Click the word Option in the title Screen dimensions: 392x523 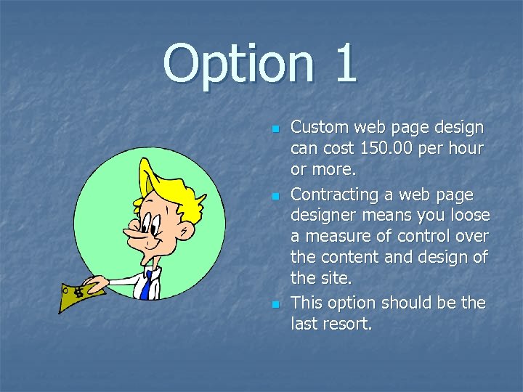(x=238, y=64)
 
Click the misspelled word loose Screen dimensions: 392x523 (x=470, y=215)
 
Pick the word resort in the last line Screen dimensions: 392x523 (x=345, y=324)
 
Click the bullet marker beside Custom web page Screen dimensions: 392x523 (x=275, y=128)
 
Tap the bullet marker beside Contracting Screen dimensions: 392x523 (x=275, y=196)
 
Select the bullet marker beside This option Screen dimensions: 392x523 (x=275, y=303)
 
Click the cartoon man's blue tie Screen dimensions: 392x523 (x=146, y=285)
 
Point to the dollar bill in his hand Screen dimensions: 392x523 (x=81, y=294)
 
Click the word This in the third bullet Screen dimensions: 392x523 (x=307, y=303)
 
